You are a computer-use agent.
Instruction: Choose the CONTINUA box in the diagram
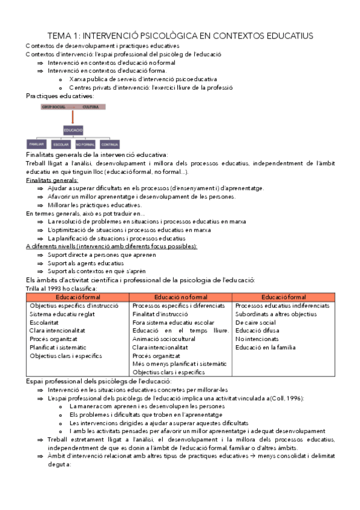tap(109, 145)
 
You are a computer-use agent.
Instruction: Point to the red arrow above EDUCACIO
tap(74, 118)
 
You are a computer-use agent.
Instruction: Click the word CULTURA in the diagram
tap(91, 106)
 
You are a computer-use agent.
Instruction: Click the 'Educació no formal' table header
tap(180, 297)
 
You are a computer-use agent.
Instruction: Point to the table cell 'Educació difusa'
tap(257, 330)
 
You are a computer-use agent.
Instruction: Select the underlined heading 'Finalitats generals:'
tap(52, 180)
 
